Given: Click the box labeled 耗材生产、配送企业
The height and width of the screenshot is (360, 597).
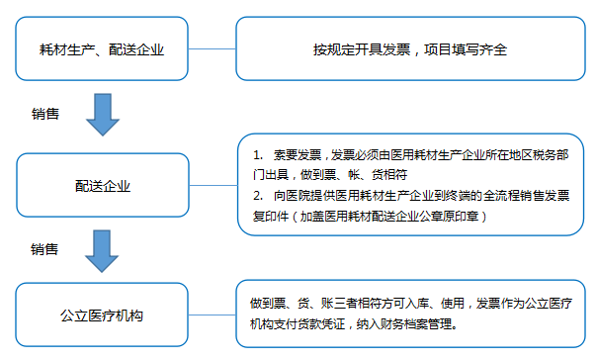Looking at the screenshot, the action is pos(102,47).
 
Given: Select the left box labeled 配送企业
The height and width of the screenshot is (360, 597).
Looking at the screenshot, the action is pos(102,184).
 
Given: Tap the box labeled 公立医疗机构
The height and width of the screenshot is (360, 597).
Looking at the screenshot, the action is pos(102,316).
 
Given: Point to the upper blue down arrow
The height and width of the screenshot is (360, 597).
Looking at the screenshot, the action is pos(103,113).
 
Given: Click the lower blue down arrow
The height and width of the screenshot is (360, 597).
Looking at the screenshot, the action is pos(103,250).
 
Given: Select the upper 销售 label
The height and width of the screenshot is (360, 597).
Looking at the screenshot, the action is pos(45,113).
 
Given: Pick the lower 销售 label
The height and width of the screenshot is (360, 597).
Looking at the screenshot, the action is pos(45,248).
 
